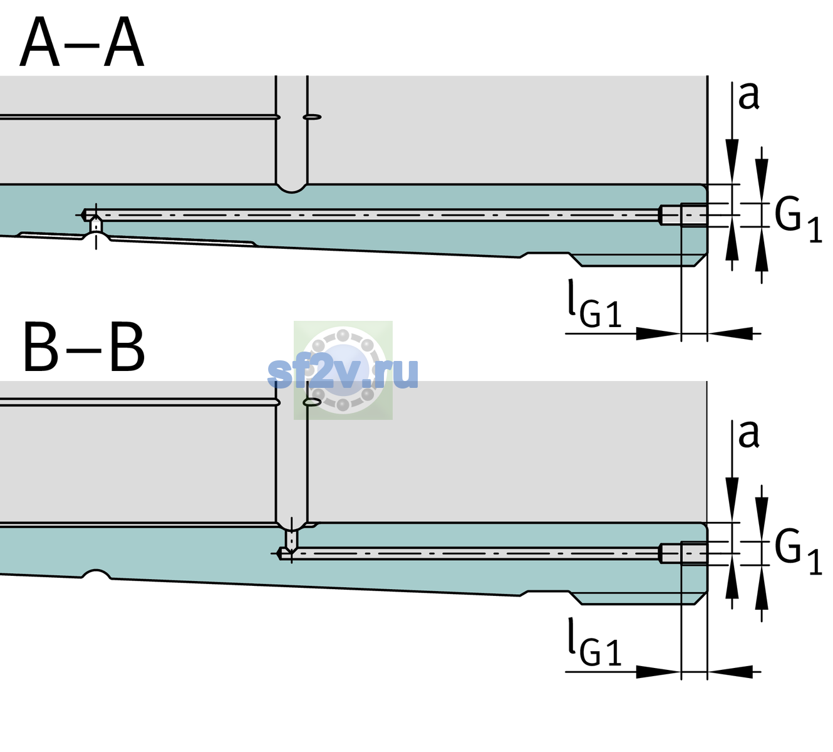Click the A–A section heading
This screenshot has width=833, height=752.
click(x=82, y=42)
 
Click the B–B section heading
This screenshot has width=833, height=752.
click(x=85, y=347)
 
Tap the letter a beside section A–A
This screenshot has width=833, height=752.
click(x=748, y=96)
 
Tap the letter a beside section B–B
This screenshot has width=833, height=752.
click(x=748, y=434)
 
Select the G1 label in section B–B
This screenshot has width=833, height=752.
click(x=798, y=551)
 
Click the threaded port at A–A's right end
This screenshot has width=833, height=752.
click(x=683, y=215)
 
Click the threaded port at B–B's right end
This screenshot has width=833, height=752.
click(x=683, y=553)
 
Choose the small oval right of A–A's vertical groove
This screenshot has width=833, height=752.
click(x=312, y=117)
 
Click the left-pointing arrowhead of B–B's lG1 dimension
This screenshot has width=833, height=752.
click(x=730, y=672)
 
